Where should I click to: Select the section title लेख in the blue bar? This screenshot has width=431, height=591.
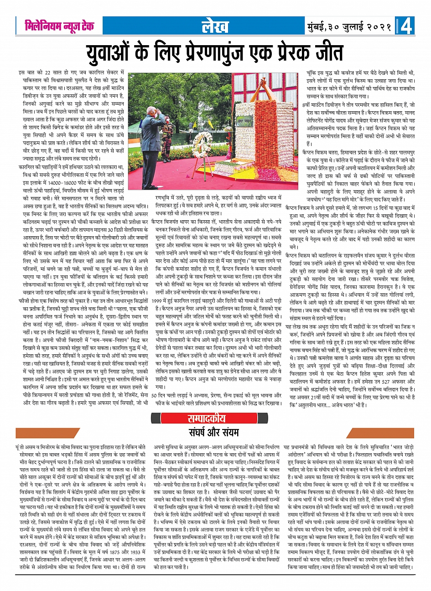pyautogui.click(x=216, y=26)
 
